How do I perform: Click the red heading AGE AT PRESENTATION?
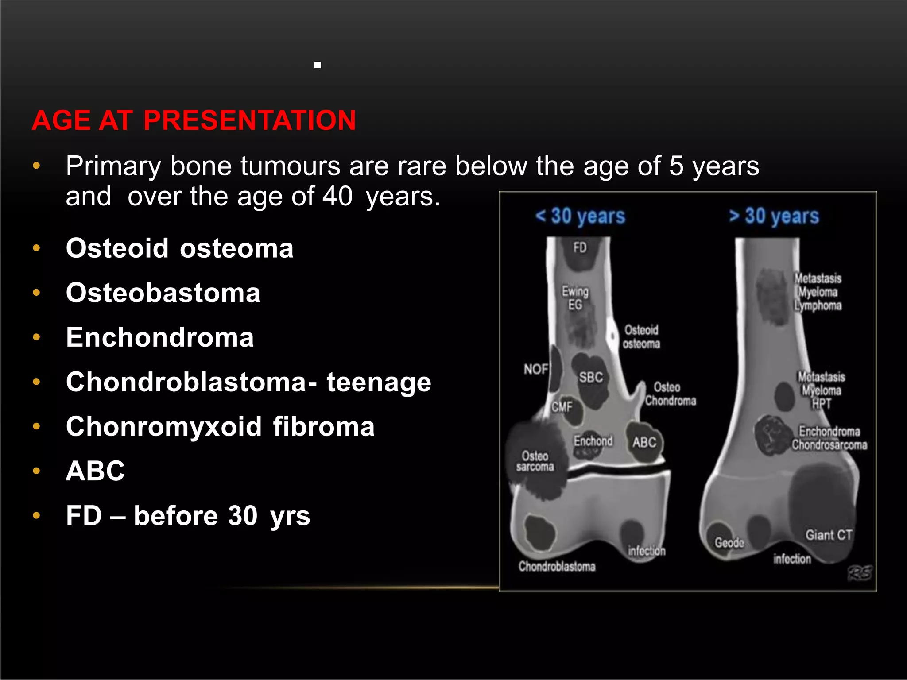(194, 120)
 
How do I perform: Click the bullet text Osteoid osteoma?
(179, 248)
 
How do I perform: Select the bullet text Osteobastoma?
(163, 293)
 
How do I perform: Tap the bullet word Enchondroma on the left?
(160, 337)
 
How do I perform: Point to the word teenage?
(379, 382)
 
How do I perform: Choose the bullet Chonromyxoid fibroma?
(220, 426)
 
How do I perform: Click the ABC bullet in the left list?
(95, 471)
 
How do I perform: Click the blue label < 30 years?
(580, 216)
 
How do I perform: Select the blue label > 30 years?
(774, 216)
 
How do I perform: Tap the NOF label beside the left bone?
(536, 369)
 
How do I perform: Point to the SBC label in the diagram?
(591, 377)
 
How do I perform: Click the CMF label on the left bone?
(562, 406)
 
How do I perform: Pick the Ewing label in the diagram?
(575, 291)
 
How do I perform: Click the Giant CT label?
(828, 535)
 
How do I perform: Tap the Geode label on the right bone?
(729, 543)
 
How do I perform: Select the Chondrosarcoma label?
(829, 445)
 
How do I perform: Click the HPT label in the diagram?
(822, 404)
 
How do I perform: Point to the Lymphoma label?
(818, 305)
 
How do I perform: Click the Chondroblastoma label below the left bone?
(557, 566)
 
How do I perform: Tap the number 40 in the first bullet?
(337, 197)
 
